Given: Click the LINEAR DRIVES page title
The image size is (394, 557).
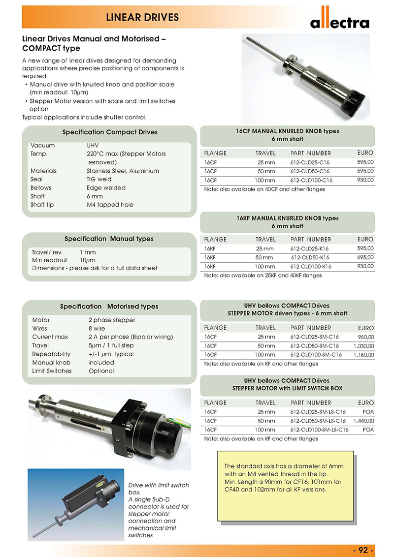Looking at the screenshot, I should click(x=143, y=18).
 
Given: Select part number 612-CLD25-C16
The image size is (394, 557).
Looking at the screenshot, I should click(x=310, y=162).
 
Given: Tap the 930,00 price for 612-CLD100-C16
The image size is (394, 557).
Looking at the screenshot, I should click(x=365, y=180).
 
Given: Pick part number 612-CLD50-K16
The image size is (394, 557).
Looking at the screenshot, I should click(x=311, y=257).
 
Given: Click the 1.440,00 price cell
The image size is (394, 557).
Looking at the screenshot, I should click(x=364, y=421).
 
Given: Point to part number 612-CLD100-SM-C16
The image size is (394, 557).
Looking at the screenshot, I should click(x=316, y=354).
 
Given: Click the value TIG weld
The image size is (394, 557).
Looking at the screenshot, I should click(x=99, y=179).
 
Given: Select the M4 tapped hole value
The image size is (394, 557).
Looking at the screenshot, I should click(x=110, y=205).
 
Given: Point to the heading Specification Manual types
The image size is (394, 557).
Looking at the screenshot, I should click(x=109, y=239).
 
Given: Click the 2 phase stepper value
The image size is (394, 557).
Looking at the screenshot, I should click(x=112, y=320).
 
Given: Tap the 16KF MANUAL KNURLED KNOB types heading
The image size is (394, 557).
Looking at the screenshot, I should click(x=288, y=218).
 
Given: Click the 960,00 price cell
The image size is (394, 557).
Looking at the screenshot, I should click(x=365, y=337).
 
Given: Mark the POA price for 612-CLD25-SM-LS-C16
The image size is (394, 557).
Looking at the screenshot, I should click(x=367, y=412).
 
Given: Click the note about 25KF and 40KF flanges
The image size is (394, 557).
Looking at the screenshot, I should click(x=263, y=276).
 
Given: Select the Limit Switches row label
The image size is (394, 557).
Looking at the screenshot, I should click(x=52, y=371).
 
